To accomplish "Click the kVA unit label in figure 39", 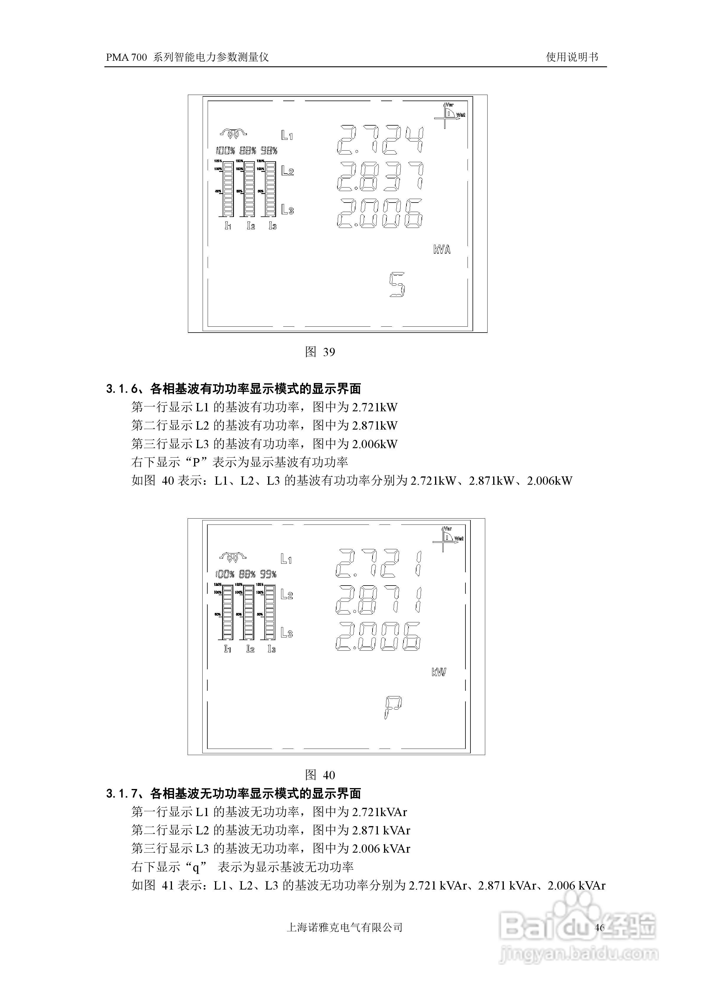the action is [442, 249].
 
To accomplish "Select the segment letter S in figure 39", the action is [397, 285].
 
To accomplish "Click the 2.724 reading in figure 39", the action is [380, 140].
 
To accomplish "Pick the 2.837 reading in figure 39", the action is [380, 176].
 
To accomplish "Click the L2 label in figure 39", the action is [287, 171].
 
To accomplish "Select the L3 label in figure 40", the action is [286, 633].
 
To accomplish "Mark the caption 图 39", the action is [320, 352].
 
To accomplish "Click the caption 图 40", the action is [320, 775].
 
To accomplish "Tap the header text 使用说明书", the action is [572, 57].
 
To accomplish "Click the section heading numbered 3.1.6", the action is [234, 389].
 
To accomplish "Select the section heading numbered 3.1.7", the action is [234, 793].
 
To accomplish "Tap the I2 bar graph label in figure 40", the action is [250, 649].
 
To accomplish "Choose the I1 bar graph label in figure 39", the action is [228, 226].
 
